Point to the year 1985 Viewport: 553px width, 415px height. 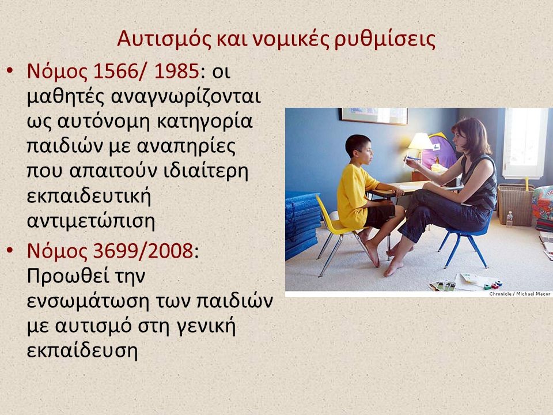coord(176,71)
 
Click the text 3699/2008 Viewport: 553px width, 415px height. coord(143,251)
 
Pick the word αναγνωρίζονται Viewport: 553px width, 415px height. coord(186,97)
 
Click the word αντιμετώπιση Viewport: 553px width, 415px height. coord(91,221)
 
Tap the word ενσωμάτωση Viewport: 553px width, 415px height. coord(88,301)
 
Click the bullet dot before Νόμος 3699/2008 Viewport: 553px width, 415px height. coord(10,250)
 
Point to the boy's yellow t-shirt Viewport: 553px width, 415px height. coord(355,197)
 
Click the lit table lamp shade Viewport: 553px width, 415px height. coord(420,141)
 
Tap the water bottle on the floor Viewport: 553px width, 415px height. coord(509,220)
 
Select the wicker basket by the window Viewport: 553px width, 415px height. coord(515,205)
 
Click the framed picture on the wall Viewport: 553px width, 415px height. coord(373,116)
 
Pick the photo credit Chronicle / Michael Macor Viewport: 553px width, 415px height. coord(520,293)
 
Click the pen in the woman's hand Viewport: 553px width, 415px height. coord(409,159)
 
